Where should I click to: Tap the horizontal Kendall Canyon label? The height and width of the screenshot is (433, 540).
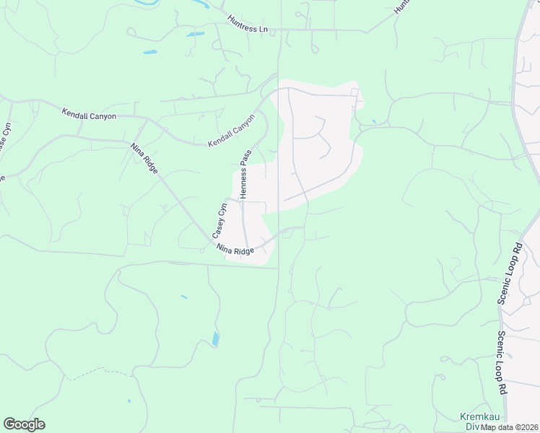(x=89, y=115)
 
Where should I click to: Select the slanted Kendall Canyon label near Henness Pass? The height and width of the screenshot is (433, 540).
(x=232, y=131)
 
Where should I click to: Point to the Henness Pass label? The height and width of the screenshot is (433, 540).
(x=245, y=175)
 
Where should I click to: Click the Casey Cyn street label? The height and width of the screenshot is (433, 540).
(x=219, y=222)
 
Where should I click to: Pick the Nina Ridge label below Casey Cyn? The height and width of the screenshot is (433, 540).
(x=235, y=250)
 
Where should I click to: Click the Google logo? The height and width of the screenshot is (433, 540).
(x=24, y=424)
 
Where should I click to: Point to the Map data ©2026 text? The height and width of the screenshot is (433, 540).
(x=510, y=427)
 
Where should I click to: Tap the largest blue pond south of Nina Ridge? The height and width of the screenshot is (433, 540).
(x=216, y=339)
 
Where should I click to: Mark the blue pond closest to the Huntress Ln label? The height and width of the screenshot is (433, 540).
(x=195, y=34)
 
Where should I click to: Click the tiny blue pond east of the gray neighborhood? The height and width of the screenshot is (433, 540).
(x=373, y=121)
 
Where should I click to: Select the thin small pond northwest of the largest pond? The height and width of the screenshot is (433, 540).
(x=184, y=297)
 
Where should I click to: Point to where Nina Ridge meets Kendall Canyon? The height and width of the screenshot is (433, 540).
(x=146, y=121)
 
